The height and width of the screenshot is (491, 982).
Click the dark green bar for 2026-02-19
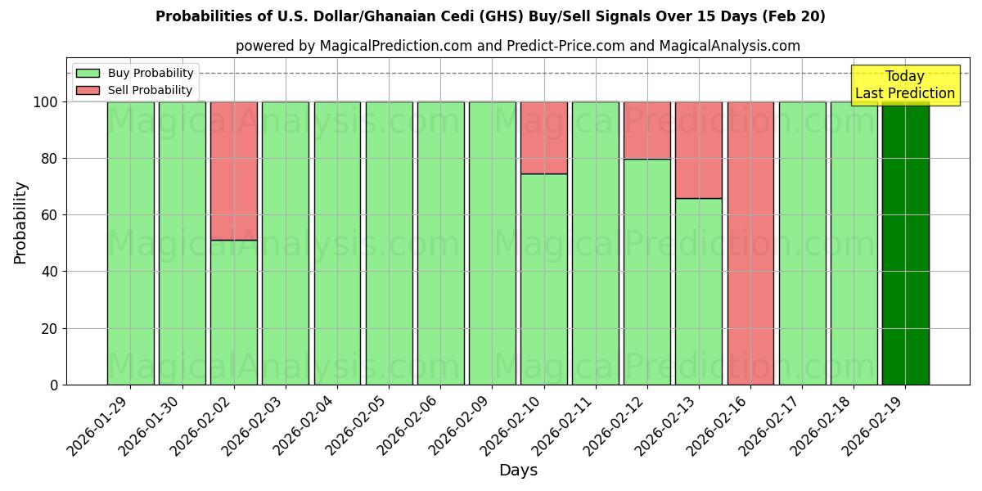tap(905, 243)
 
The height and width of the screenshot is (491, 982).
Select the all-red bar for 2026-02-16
tap(750, 243)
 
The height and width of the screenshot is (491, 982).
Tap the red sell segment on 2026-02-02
tap(233, 170)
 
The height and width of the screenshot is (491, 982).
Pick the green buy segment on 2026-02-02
tap(233, 312)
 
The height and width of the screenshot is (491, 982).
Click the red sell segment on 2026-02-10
tap(543, 137)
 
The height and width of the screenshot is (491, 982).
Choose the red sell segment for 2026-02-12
tap(646, 130)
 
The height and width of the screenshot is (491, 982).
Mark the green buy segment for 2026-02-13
tap(699, 291)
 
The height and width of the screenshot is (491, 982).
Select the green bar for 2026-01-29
tap(130, 243)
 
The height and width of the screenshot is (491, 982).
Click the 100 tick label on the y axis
tap(45, 102)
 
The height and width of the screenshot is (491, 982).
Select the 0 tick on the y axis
tap(53, 385)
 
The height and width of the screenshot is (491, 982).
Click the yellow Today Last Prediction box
tap(905, 85)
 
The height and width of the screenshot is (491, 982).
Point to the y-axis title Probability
tap(20, 222)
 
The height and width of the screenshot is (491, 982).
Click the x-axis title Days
tap(518, 471)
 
